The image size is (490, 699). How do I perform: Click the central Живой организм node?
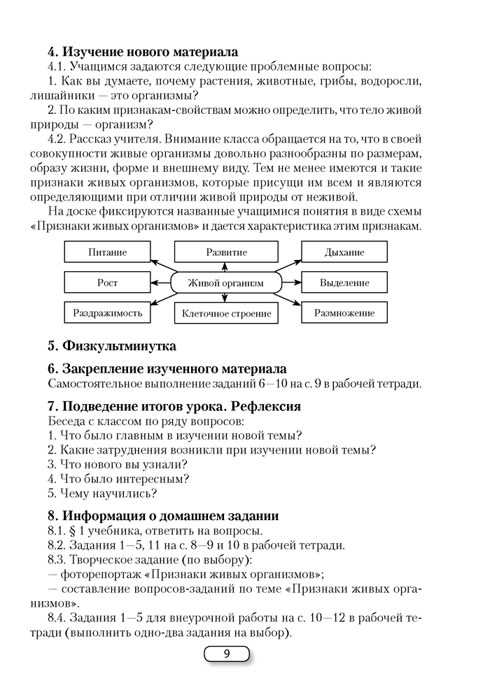226,283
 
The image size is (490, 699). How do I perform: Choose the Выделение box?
344,283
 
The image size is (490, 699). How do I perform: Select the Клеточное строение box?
226,314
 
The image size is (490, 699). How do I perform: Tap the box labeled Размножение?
344,313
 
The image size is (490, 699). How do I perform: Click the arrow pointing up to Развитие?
225,267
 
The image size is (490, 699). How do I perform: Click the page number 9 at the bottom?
226,655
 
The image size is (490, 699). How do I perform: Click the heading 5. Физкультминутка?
112,346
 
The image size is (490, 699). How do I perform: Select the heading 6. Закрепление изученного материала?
167,368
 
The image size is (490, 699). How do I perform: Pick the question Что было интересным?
118,479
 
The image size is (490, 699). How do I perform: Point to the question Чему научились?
102,493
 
